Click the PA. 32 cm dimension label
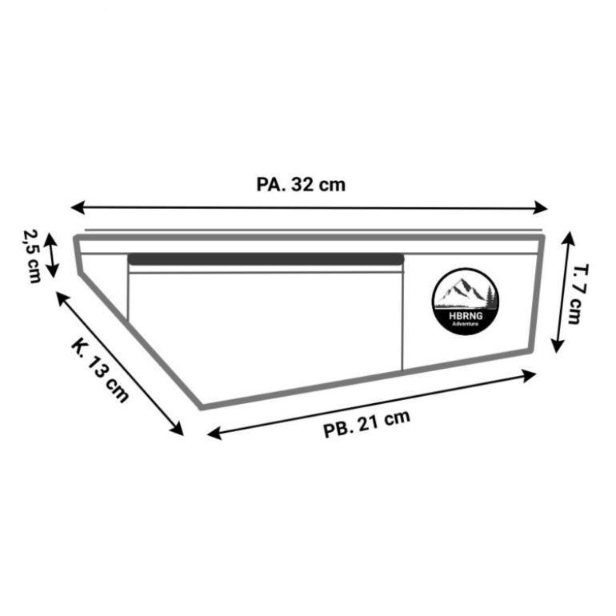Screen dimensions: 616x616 tap(301, 185)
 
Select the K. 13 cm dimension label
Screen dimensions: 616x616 tap(100, 371)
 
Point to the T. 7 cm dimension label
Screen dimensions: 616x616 tap(578, 294)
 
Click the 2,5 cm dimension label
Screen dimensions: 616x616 tap(32, 255)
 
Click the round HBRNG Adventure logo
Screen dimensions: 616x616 tap(466, 302)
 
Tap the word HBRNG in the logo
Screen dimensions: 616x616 tap(466, 316)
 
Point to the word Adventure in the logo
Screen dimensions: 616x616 tap(466, 324)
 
